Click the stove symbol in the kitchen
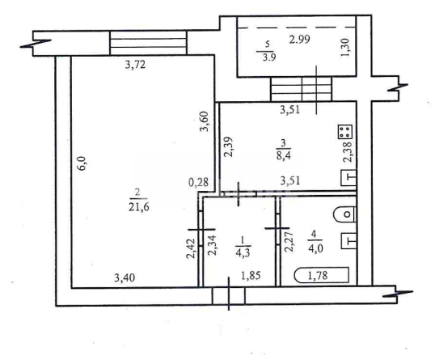point(345,132)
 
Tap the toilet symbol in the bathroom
point(344,214)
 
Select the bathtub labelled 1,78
point(321,275)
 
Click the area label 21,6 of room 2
point(139,207)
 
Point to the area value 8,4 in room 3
point(283,155)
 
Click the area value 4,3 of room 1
point(243,253)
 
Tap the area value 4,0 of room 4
point(315,248)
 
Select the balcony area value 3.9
point(268,57)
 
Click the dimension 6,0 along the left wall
point(83,163)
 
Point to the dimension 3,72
point(135,65)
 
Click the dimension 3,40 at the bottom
point(125,277)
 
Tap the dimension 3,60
point(205,121)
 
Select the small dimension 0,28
point(198,182)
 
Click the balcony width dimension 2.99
point(300,40)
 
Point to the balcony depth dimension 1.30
point(346,47)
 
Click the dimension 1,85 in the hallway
point(251,276)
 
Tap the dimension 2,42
point(191,248)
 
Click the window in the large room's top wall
point(149,43)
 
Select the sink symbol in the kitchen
point(348,178)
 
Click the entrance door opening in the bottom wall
point(229,296)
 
